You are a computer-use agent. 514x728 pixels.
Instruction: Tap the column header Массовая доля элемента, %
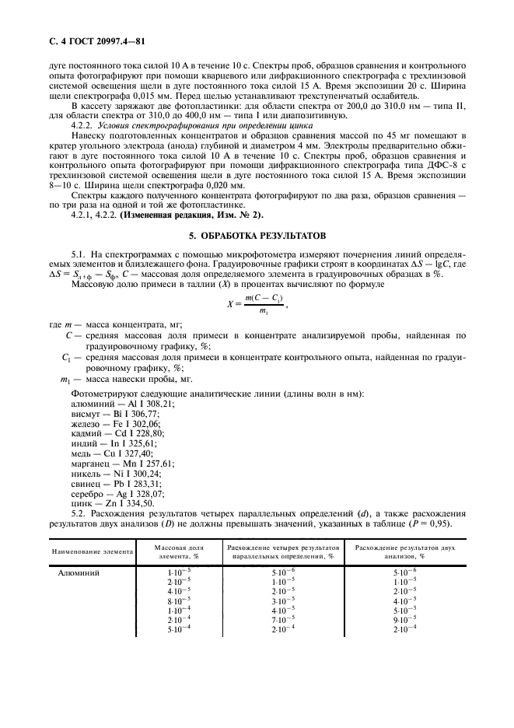[170, 552]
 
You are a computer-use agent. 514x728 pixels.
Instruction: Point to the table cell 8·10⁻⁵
[170, 601]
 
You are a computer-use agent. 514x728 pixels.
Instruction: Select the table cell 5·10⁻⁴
[170, 628]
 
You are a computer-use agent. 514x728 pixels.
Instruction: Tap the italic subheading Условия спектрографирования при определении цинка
[191, 124]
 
